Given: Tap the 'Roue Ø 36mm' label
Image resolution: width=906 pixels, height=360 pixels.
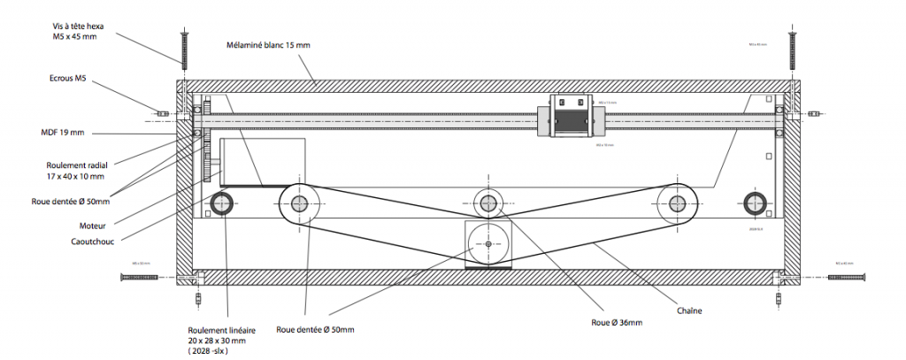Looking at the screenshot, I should point(618,322).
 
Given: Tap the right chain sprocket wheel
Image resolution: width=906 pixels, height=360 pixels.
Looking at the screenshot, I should point(677,203).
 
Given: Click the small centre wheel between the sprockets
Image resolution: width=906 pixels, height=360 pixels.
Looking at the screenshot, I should point(488,201).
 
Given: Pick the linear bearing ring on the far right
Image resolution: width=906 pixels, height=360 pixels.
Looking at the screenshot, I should point(754,203).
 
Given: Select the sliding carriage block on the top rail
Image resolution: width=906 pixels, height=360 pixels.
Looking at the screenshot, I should point(571,115).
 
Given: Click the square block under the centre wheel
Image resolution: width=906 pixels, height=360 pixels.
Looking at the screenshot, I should point(488,242).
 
